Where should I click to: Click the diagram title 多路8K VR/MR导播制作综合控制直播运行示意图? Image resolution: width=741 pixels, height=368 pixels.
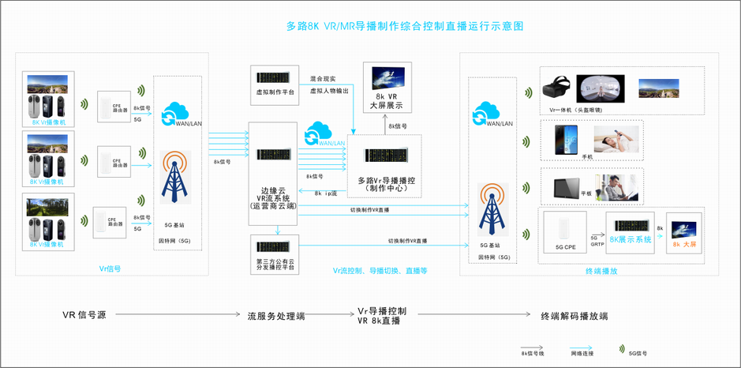(404, 26)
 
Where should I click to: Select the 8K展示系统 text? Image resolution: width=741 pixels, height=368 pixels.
(631, 239)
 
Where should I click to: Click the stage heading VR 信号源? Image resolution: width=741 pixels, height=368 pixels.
(84, 315)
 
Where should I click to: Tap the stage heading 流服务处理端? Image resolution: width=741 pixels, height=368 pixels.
(276, 316)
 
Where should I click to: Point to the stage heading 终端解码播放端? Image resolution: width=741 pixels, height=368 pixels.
(574, 316)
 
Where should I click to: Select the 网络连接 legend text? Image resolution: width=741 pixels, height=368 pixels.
(582, 354)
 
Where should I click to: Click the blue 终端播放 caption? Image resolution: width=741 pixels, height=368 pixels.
(601, 271)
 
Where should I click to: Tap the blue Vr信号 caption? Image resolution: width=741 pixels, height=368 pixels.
(110, 269)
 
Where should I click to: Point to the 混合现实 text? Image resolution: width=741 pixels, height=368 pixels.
(323, 79)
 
